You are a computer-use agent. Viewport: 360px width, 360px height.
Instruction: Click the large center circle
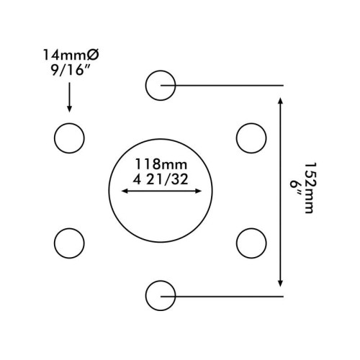click(109, 191)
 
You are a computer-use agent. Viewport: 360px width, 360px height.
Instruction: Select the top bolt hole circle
click(145, 85)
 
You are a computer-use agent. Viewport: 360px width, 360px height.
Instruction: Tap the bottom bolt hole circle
click(145, 296)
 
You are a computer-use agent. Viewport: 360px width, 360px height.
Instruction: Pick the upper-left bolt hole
click(54, 138)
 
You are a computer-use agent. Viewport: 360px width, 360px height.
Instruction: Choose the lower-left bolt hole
click(54, 243)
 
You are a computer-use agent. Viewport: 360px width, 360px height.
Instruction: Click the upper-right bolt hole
click(236, 138)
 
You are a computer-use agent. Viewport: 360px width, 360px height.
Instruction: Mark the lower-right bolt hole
click(236, 243)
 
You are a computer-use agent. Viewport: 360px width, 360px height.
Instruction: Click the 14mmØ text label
click(71, 55)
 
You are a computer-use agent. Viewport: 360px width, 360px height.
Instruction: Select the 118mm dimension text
click(161, 164)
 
